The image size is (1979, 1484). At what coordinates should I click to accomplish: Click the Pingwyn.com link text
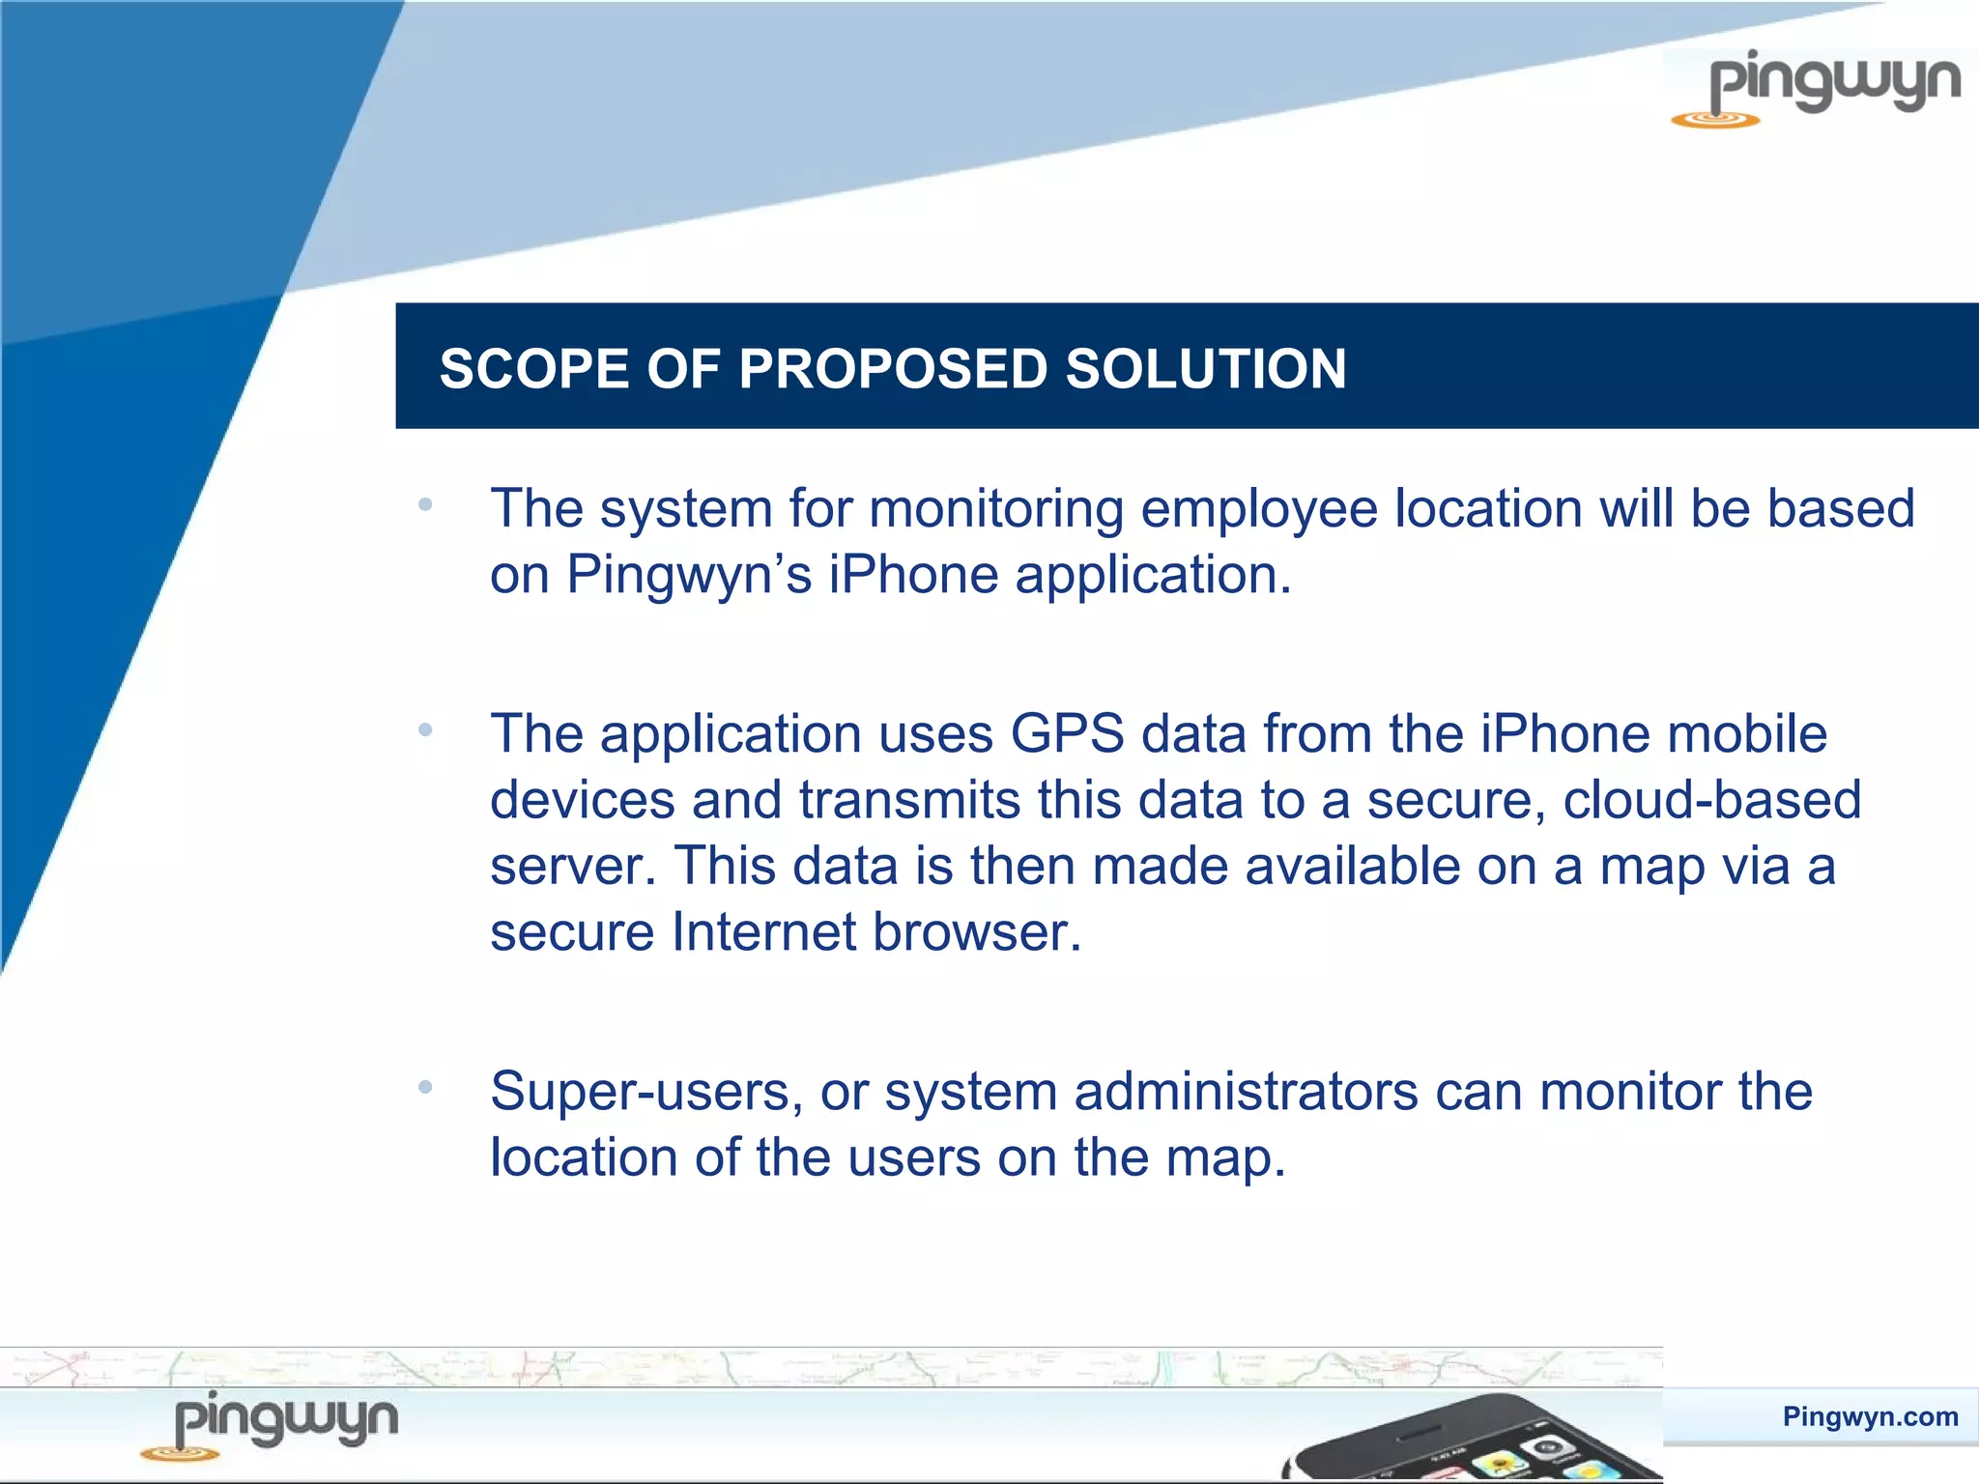coord(1870,1416)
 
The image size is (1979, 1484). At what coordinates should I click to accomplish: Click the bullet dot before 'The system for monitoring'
coord(424,504)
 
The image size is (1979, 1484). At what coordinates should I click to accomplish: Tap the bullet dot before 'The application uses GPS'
coord(424,730)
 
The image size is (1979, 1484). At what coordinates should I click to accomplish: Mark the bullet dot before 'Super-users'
coord(424,1088)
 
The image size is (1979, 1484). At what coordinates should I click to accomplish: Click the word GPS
coord(1067,734)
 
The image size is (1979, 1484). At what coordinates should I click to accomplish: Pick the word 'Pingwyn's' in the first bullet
coord(689,575)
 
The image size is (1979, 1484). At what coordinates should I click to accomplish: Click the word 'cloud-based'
coord(1711,800)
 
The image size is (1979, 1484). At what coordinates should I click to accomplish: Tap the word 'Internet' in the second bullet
coord(763,932)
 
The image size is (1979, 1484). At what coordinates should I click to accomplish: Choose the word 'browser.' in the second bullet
coord(977,932)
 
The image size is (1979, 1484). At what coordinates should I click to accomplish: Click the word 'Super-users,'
coord(646,1092)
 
